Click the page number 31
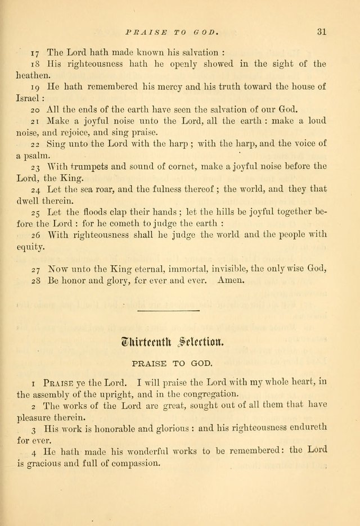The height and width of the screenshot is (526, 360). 321,31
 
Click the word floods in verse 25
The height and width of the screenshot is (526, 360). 100,212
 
